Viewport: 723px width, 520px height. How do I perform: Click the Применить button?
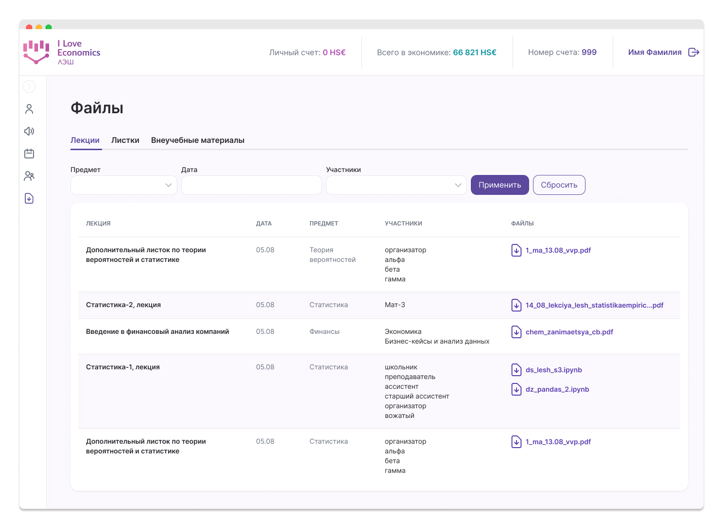point(499,185)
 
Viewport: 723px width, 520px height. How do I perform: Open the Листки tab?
point(125,140)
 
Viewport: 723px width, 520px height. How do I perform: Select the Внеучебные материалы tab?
point(198,140)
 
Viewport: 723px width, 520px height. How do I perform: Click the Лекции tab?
point(85,140)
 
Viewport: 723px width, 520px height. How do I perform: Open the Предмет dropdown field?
point(124,185)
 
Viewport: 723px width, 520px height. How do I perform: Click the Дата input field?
point(251,185)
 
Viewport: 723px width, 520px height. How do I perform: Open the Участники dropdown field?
point(396,185)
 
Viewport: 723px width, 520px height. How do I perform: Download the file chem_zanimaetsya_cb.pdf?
point(569,332)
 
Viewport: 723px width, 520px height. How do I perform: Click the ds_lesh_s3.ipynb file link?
point(553,370)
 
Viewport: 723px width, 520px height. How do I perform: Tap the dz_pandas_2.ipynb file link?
point(557,389)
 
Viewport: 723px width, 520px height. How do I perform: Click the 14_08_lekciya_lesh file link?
point(594,305)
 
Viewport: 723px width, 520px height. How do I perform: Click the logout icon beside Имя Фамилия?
point(694,52)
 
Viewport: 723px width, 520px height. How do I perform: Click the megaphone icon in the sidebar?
point(29,131)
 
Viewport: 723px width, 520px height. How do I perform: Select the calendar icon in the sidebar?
point(29,154)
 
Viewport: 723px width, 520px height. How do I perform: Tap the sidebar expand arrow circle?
point(29,87)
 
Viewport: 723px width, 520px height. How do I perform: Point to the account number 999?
point(589,52)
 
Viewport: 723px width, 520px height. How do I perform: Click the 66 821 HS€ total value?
point(474,52)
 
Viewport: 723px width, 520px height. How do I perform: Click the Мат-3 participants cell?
point(395,305)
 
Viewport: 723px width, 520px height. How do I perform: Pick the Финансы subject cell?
point(324,332)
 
